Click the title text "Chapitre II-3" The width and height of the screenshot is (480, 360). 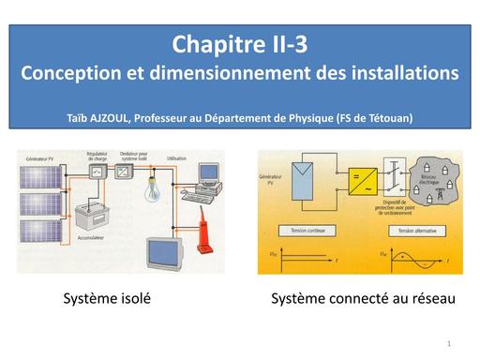(240, 44)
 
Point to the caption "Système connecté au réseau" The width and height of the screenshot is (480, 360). (363, 299)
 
